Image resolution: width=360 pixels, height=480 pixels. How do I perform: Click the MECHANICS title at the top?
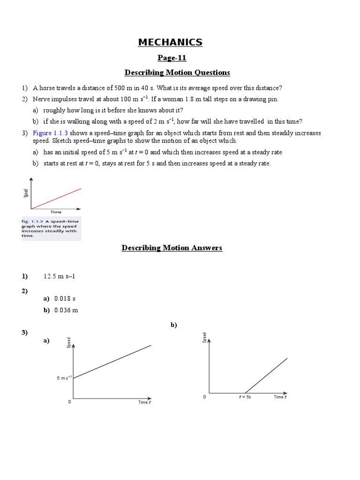pyautogui.click(x=170, y=43)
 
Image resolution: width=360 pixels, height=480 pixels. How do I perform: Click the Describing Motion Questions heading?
pyautogui.click(x=177, y=72)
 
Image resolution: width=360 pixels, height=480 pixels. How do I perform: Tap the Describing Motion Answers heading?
pyautogui.click(x=172, y=248)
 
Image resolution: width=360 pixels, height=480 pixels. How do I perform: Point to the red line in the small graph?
pyautogui.click(x=56, y=198)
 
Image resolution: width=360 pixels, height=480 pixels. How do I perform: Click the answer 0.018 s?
pyautogui.click(x=65, y=298)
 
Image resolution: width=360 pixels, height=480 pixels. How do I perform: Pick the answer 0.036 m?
pyautogui.click(x=66, y=310)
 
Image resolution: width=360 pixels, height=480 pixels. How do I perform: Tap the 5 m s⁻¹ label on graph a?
pyautogui.click(x=64, y=378)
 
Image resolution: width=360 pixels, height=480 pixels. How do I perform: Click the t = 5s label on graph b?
pyautogui.click(x=244, y=397)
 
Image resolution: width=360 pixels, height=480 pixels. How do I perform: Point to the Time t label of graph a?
pyautogui.click(x=144, y=402)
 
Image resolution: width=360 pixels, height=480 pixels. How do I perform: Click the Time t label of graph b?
pyautogui.click(x=280, y=397)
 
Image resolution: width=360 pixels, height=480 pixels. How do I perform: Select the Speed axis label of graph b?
pyautogui.click(x=204, y=337)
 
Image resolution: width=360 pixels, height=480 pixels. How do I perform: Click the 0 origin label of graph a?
pyautogui.click(x=70, y=402)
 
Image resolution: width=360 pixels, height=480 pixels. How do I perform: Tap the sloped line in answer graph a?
pyautogui.click(x=112, y=361)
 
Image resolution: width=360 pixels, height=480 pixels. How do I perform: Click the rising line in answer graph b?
pyautogui.click(x=266, y=375)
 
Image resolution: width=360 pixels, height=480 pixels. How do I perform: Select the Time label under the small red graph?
pyautogui.click(x=56, y=212)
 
